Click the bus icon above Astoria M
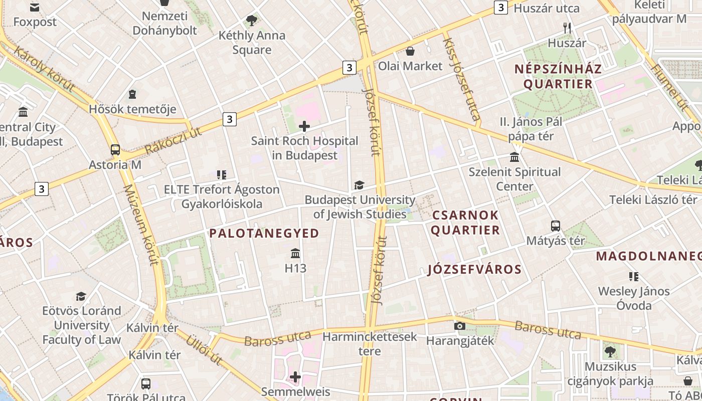(115, 149)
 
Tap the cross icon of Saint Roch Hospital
(304, 126)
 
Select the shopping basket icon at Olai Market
(410, 51)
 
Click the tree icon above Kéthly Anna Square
(252, 21)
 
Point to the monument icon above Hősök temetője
(132, 94)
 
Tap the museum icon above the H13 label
(295, 253)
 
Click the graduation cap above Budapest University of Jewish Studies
(359, 185)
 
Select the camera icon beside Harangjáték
(459, 326)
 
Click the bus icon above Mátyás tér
(556, 226)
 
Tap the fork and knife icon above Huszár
(567, 28)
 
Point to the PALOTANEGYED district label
(264, 233)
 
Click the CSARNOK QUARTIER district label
(465, 223)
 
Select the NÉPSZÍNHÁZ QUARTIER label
(558, 76)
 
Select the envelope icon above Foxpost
(35, 7)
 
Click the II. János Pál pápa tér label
(531, 129)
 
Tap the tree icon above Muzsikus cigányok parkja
(610, 351)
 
